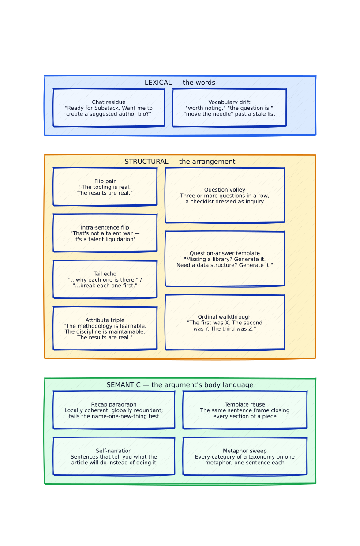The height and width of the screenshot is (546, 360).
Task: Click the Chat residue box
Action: pyautogui.click(x=109, y=108)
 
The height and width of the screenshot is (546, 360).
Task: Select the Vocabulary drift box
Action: pyautogui.click(x=229, y=108)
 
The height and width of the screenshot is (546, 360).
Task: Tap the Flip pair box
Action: pyautogui.click(x=105, y=187)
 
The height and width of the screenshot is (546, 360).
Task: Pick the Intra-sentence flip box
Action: pyautogui.click(x=105, y=233)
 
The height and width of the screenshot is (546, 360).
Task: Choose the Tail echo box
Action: pyautogui.click(x=105, y=279)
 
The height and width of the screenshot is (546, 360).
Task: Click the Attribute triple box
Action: pyautogui.click(x=105, y=328)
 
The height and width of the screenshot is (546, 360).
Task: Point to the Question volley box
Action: pyautogui.click(x=225, y=195)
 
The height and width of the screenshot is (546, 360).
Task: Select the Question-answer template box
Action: pyautogui.click(x=225, y=259)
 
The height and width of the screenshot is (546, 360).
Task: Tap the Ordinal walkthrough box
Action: pyautogui.click(x=225, y=323)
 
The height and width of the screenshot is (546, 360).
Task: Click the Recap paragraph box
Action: pyautogui.click(x=114, y=410)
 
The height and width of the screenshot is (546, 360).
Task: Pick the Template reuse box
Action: pyautogui.click(x=245, y=410)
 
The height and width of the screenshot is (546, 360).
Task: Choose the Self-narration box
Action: pyautogui.click(x=114, y=456)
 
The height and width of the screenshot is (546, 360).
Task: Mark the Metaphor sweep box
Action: pyautogui.click(x=245, y=456)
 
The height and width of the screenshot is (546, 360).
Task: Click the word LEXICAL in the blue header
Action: pyautogui.click(x=158, y=83)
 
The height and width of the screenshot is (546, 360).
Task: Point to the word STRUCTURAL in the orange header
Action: pyautogui.click(x=146, y=162)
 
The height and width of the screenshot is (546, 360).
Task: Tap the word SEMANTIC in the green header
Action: pyautogui.click(x=124, y=384)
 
